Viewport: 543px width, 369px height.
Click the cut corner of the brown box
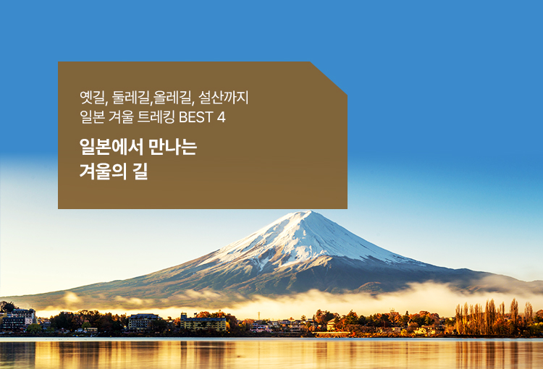point(330,77)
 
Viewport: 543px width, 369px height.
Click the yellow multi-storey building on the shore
point(204,322)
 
